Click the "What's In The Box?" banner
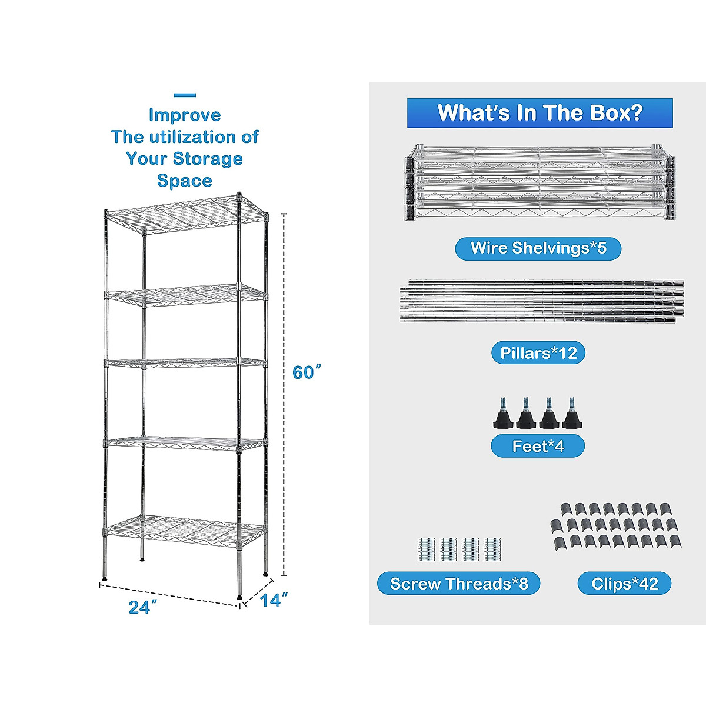[x=540, y=113]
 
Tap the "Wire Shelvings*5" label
[x=538, y=248]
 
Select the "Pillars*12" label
[x=538, y=353]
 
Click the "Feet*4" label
[x=538, y=447]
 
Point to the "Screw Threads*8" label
[x=459, y=584]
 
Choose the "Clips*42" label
[x=624, y=584]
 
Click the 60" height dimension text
[x=307, y=372]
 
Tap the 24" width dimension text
[x=142, y=607]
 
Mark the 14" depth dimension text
[x=274, y=601]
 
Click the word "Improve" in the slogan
[x=185, y=115]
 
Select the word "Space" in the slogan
[x=185, y=181]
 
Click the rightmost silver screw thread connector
[x=493, y=549]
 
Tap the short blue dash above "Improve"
[x=185, y=95]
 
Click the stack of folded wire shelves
[x=538, y=182]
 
